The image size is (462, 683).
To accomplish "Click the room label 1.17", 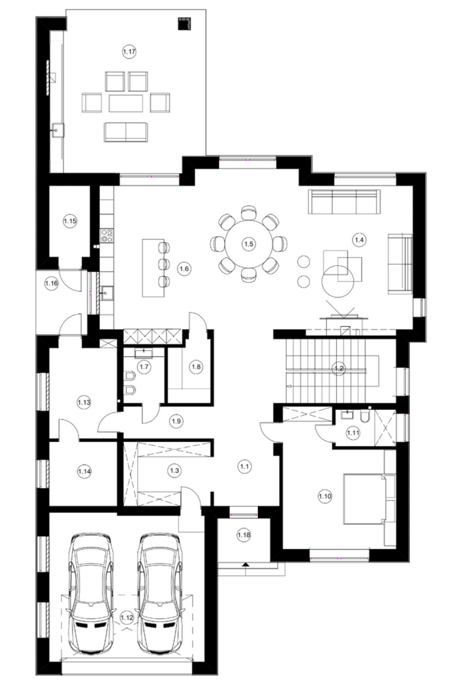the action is (129, 52).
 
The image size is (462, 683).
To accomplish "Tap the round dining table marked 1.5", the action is (249, 244).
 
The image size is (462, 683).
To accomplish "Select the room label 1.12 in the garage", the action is (127, 617).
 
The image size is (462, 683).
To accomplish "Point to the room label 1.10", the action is (325, 496).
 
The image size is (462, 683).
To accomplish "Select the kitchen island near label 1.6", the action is (153, 268).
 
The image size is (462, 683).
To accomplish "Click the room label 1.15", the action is (70, 221).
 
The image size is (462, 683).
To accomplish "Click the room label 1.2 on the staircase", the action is (339, 368).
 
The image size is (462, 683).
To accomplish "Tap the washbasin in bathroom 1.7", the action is (144, 354).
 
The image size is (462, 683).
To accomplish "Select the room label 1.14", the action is (84, 471).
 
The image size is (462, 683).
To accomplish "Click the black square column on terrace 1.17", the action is (184, 24).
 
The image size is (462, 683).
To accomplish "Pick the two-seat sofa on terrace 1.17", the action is (126, 132).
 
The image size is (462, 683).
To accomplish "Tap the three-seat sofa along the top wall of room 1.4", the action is (344, 201).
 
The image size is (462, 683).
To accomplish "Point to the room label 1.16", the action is (51, 283).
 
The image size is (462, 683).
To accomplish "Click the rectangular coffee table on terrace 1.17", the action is (126, 104).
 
